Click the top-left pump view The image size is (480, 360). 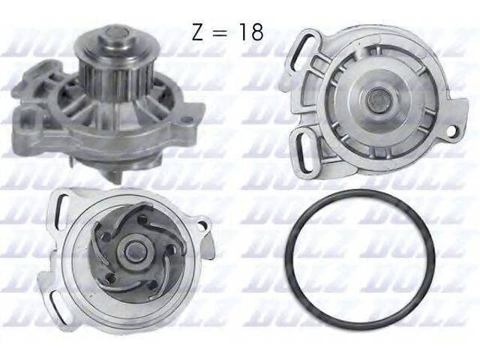pos(112,105)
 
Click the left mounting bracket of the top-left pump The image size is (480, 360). pos(33,120)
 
